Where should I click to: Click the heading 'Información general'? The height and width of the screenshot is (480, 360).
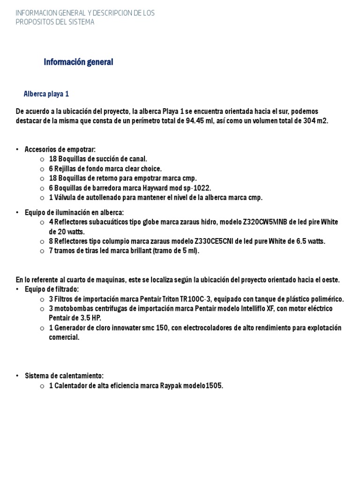(x=78, y=62)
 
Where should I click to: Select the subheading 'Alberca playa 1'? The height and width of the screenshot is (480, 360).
(x=46, y=94)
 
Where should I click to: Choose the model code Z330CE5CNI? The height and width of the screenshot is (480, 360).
(x=217, y=241)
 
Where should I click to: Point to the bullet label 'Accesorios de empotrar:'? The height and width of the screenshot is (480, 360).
(x=60, y=150)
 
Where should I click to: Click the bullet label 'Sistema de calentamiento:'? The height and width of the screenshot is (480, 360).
(x=64, y=376)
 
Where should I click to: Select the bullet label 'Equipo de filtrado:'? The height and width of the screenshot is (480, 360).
(x=52, y=289)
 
